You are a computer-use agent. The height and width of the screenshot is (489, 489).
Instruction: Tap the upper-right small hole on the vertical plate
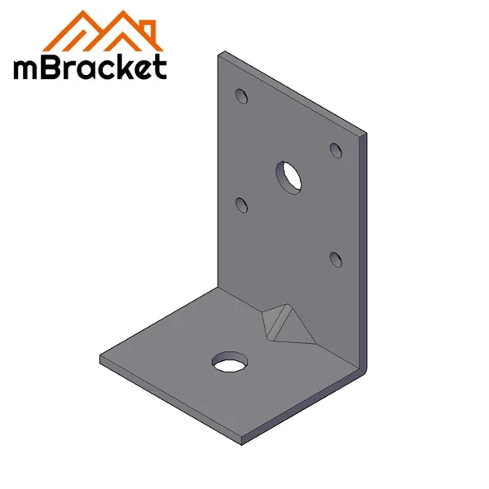(334, 149)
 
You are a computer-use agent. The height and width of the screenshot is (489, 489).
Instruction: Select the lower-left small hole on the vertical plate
(241, 204)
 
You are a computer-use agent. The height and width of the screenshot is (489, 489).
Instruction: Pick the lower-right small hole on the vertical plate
(334, 258)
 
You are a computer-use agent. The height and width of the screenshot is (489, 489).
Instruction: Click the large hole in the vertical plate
(288, 175)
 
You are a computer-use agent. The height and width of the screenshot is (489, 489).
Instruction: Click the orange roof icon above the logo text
(90, 31)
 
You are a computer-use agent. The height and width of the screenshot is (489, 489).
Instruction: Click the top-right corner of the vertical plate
(365, 134)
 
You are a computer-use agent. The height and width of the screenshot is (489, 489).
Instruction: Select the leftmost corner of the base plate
(101, 359)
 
